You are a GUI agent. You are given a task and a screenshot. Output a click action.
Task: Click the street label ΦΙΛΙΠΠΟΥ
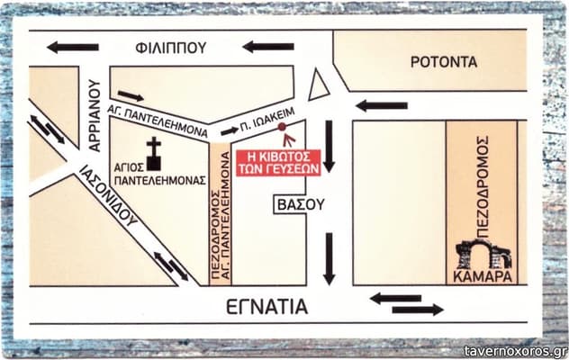pyautogui.click(x=171, y=48)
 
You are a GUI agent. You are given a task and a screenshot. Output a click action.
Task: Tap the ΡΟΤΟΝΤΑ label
pyautogui.click(x=444, y=62)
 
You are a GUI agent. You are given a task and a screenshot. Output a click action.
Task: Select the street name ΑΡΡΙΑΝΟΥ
pyautogui.click(x=94, y=115)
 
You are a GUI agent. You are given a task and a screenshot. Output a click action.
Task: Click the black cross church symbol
pyautogui.click(x=153, y=153)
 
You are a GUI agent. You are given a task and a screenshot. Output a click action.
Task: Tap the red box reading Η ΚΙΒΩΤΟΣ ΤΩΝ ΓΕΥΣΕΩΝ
pyautogui.click(x=279, y=163)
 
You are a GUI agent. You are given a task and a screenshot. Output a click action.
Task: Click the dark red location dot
pyautogui.click(x=282, y=127)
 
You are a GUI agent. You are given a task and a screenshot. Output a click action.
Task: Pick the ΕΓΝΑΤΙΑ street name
pyautogui.click(x=267, y=307)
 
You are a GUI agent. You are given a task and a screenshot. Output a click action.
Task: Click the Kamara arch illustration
pyautogui.click(x=483, y=255)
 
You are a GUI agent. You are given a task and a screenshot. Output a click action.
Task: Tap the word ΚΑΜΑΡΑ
pyautogui.click(x=483, y=277)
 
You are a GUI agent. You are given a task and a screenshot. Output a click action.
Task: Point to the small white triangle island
pyautogui.click(x=318, y=85)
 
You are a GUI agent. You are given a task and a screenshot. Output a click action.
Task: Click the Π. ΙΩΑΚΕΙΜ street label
pyautogui.click(x=267, y=120)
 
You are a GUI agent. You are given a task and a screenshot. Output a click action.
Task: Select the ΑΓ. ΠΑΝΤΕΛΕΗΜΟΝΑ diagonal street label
pyautogui.click(x=158, y=121)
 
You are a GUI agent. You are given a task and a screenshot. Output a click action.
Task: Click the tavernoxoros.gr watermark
pyautogui.click(x=515, y=351)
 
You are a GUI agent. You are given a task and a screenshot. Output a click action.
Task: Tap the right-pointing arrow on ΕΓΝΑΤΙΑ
pyautogui.click(x=418, y=310)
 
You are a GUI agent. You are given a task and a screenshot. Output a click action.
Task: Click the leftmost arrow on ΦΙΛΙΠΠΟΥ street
pyautogui.click(x=73, y=47)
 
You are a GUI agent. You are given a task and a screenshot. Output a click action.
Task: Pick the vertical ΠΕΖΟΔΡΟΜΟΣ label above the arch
pyautogui.click(x=483, y=186)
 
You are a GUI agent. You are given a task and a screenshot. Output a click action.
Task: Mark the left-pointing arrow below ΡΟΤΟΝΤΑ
pyautogui.click(x=382, y=106)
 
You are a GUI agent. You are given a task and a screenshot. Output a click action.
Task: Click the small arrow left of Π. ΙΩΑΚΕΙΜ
pyautogui.click(x=230, y=131)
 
